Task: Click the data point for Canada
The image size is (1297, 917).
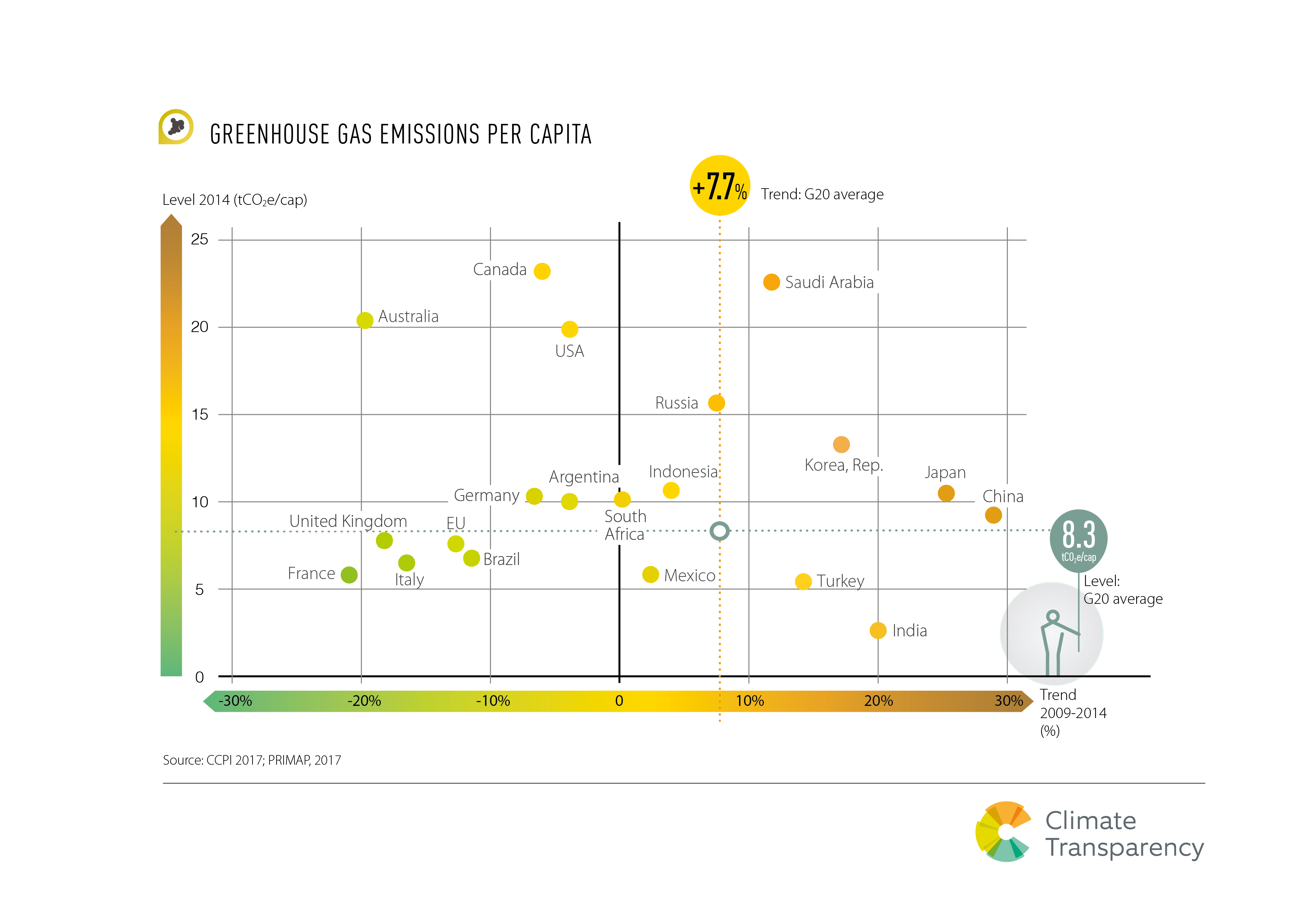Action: click(x=542, y=271)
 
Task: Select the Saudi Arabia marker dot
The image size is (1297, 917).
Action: click(x=771, y=282)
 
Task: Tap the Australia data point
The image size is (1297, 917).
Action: click(x=365, y=320)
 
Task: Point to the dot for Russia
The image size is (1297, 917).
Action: click(x=716, y=403)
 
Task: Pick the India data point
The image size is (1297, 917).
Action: click(x=878, y=630)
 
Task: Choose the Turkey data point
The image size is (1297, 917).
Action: click(x=803, y=581)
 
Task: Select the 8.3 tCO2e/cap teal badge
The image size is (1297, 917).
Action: click(x=1078, y=539)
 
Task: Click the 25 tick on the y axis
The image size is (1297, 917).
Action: click(x=199, y=240)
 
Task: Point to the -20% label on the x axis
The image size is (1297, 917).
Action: click(x=364, y=701)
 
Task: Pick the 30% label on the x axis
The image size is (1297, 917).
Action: click(x=1008, y=701)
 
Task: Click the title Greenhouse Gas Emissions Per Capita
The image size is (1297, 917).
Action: click(x=400, y=135)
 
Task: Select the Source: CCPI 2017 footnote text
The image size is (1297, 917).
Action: click(x=252, y=760)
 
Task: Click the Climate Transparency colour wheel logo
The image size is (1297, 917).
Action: click(x=1004, y=831)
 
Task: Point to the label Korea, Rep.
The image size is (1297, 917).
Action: click(x=843, y=465)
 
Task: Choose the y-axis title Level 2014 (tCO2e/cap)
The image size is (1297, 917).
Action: click(x=234, y=200)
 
